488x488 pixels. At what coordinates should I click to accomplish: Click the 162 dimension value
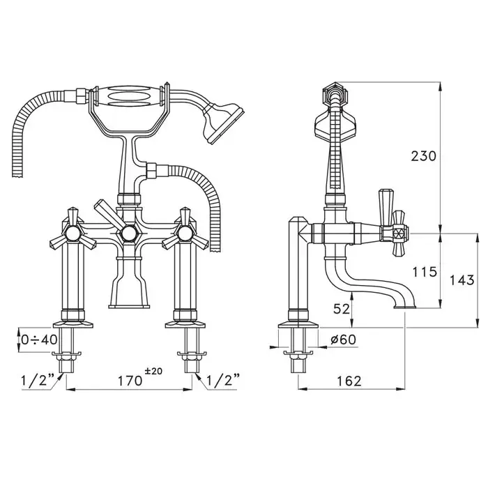[x=348, y=380]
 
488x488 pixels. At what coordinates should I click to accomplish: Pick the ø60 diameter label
[x=341, y=340]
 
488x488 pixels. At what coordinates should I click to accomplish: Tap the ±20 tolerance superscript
[x=152, y=372]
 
